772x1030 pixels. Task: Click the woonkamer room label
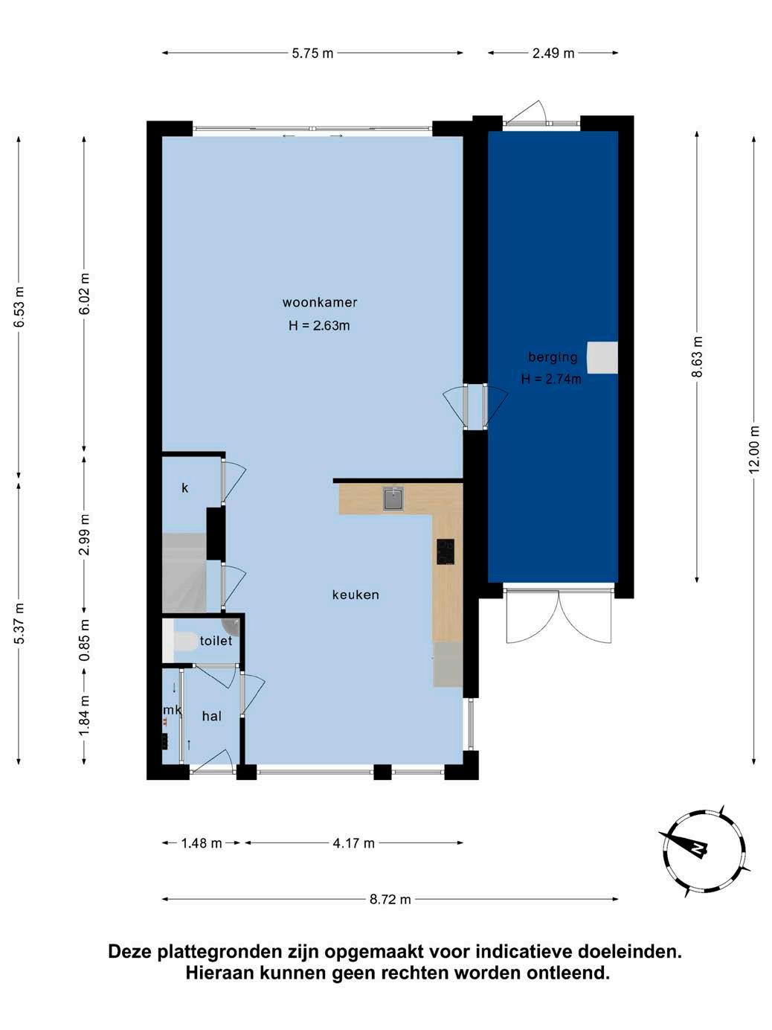(x=320, y=303)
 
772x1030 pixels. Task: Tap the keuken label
(x=356, y=595)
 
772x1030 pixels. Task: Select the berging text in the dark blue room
(x=553, y=357)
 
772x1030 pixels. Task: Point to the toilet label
(x=216, y=641)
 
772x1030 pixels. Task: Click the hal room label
(x=212, y=716)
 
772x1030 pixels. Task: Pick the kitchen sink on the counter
(x=393, y=499)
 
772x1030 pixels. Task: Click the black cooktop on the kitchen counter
(x=445, y=551)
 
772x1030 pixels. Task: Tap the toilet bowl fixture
(x=185, y=642)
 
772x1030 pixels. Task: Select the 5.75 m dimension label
(x=312, y=54)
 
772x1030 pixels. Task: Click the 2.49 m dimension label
(x=553, y=54)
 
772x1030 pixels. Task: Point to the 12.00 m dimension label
(x=754, y=450)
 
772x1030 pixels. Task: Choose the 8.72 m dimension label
(x=390, y=900)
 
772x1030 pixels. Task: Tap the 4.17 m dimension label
(x=353, y=844)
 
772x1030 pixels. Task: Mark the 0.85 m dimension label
(x=84, y=640)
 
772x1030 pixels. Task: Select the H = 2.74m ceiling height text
(x=551, y=379)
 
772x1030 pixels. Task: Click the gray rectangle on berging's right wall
(x=602, y=357)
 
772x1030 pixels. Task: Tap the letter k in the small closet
(x=184, y=488)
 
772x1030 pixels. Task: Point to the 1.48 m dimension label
(x=202, y=844)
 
